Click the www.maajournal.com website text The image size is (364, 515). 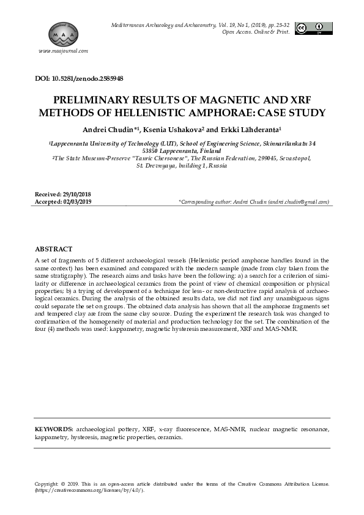pos(64,51)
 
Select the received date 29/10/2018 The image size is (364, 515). pos(75,194)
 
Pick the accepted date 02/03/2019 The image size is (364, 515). pos(76,201)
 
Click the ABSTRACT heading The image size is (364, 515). pos(53,250)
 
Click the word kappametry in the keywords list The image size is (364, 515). pos(52,438)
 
